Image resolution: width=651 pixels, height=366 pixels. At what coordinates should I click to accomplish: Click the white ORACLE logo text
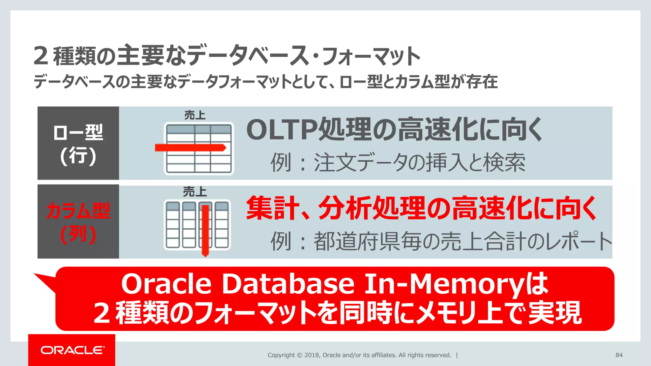(x=72, y=350)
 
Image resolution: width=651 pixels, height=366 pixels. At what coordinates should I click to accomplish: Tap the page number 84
(x=619, y=355)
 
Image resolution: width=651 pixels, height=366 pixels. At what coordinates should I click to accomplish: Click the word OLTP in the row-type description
(x=282, y=130)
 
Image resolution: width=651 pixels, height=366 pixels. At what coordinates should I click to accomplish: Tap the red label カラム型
(x=78, y=210)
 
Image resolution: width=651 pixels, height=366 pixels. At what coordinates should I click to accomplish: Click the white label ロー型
(x=78, y=132)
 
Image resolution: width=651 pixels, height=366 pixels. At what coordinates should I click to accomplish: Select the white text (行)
(x=78, y=156)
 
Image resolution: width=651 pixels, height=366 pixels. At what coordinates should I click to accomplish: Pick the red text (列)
(x=78, y=234)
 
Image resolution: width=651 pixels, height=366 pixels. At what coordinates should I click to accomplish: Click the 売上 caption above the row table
(x=195, y=115)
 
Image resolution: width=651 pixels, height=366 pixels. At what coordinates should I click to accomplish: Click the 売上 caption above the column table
(x=195, y=192)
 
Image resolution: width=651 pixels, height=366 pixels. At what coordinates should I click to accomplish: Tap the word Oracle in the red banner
(x=166, y=284)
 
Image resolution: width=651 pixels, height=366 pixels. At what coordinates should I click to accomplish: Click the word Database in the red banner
(x=288, y=284)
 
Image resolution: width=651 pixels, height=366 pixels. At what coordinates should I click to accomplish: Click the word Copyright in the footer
(x=281, y=355)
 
